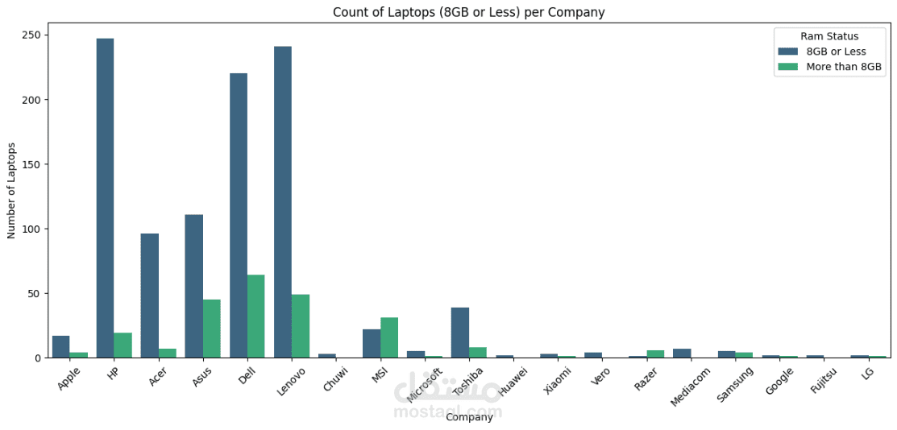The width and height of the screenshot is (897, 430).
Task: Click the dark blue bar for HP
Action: pos(105,198)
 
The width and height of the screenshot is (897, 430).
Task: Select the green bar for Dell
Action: pos(255,316)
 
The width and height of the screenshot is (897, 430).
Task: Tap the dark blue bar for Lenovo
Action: pos(283,202)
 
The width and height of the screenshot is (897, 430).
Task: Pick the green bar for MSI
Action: pos(388,337)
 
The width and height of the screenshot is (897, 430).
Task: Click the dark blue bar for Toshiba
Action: pos(460,333)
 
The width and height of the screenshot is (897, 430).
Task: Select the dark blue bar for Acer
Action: pos(149,296)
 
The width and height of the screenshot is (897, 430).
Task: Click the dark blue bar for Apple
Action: pos(60,347)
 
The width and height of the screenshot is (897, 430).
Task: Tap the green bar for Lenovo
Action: pos(300,326)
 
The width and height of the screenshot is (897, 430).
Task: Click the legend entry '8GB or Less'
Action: pos(836,52)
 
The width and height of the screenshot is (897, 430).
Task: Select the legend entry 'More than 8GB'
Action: pos(844,67)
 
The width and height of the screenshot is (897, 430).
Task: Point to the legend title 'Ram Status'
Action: pos(829,36)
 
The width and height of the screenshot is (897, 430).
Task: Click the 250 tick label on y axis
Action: pos(31,35)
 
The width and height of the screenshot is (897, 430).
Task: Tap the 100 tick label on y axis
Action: pos(31,229)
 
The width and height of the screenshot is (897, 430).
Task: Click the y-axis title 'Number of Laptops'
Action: pos(12,190)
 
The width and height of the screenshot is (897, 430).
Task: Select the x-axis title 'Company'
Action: pos(469,417)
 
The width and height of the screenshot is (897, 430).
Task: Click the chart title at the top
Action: pos(469,12)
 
